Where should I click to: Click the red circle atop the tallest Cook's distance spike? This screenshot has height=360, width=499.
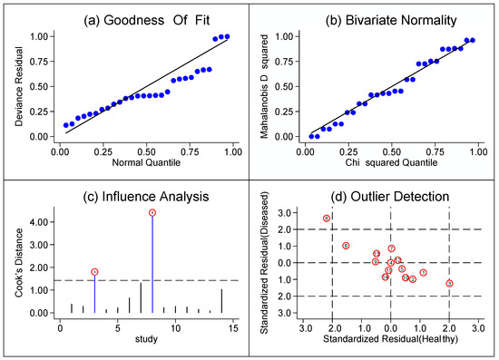(152, 212)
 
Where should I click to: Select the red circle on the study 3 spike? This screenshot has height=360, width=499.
(94, 272)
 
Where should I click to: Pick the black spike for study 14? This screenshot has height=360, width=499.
(221, 301)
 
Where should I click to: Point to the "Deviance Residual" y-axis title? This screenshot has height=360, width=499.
(12, 86)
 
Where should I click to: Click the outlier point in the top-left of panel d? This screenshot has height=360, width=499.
(326, 219)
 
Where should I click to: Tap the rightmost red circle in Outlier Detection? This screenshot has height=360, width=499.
(449, 284)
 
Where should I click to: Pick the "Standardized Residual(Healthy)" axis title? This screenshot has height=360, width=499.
(391, 340)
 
